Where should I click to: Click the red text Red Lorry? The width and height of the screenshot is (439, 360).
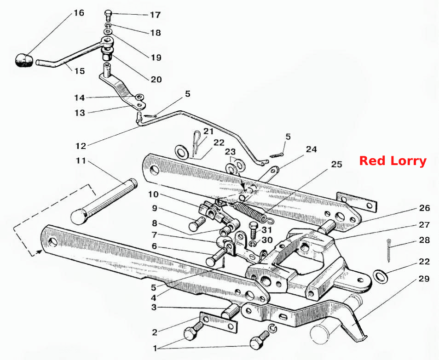pyautogui.click(x=393, y=161)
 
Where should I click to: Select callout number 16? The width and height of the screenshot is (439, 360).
pyautogui.click(x=79, y=13)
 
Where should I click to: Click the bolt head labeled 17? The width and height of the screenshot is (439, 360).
pyautogui.click(x=108, y=13)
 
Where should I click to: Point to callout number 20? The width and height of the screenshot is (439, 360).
pyautogui.click(x=156, y=80)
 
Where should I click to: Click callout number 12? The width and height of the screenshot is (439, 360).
pyautogui.click(x=81, y=146)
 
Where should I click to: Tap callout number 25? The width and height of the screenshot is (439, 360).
pyautogui.click(x=336, y=164)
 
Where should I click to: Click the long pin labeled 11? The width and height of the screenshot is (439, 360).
pyautogui.click(x=104, y=201)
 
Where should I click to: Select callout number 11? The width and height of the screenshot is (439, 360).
pyautogui.click(x=81, y=161)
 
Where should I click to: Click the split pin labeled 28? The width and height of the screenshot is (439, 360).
pyautogui.click(x=388, y=251)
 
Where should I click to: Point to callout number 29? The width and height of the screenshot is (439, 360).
pyautogui.click(x=424, y=279)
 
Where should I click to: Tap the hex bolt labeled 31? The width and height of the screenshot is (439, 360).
pyautogui.click(x=253, y=230)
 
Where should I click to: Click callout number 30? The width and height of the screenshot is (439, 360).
pyautogui.click(x=267, y=240)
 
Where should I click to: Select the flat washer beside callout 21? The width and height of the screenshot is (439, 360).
pyautogui.click(x=182, y=152)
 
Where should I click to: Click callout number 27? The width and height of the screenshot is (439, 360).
pyautogui.click(x=424, y=225)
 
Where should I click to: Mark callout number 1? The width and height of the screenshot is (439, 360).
pyautogui.click(x=155, y=348)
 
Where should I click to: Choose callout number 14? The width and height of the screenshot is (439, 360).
pyautogui.click(x=79, y=97)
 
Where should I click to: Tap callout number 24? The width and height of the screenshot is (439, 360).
pyautogui.click(x=311, y=149)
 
